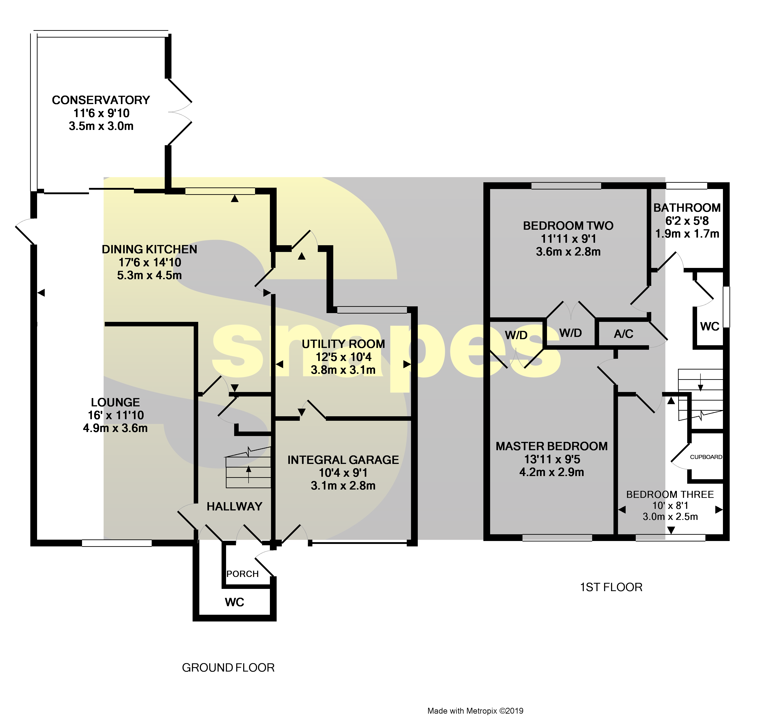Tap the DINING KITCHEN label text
(x=149, y=249)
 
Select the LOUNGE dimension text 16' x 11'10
(x=116, y=415)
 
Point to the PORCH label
(x=242, y=574)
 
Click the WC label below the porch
(x=234, y=602)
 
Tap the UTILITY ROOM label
(x=343, y=344)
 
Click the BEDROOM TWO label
(x=568, y=226)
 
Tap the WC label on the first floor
(x=709, y=326)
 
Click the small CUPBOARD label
(x=706, y=457)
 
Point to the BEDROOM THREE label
(x=670, y=494)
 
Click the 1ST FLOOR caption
(x=611, y=587)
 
